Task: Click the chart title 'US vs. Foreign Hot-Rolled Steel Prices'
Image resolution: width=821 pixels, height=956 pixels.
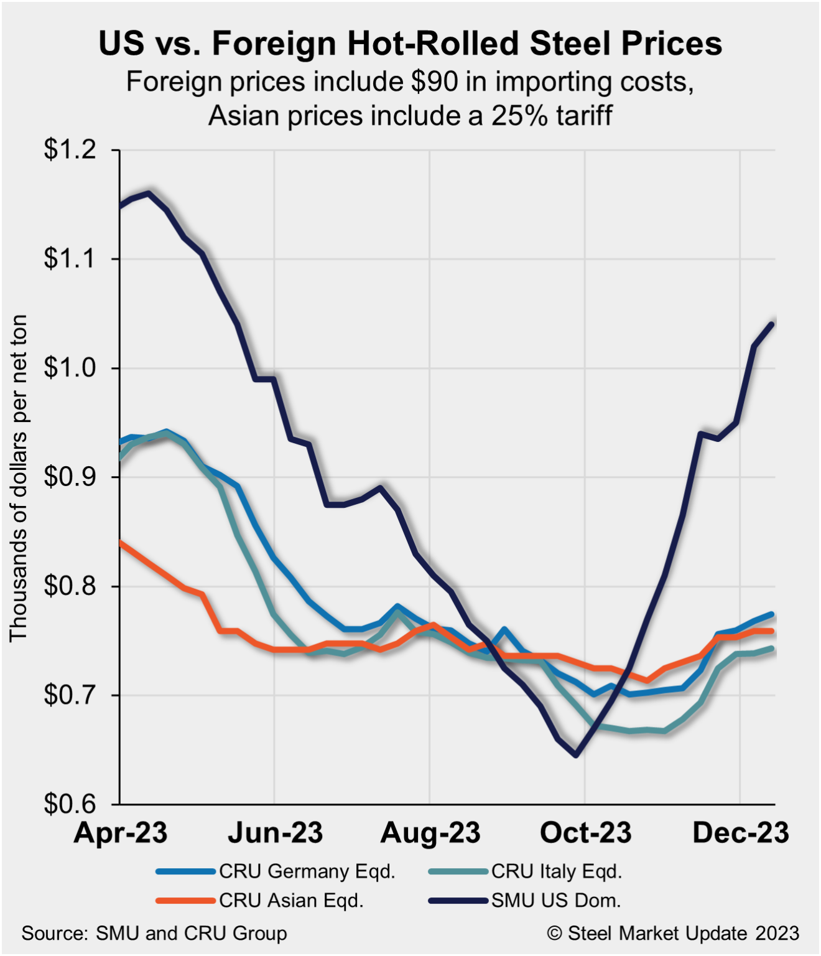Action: point(410,44)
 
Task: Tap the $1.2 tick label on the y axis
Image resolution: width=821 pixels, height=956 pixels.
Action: point(70,150)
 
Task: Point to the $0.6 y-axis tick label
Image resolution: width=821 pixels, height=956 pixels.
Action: point(70,804)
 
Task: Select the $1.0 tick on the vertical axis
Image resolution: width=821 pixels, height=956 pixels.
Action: point(70,368)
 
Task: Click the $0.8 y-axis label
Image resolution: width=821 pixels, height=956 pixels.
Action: point(70,586)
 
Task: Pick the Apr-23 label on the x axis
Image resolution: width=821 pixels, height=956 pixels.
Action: point(121,833)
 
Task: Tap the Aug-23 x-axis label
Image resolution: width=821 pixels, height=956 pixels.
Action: point(430,833)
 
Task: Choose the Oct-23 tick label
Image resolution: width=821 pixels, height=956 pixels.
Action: point(585,833)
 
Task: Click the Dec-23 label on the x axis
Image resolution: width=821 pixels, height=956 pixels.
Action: point(740,833)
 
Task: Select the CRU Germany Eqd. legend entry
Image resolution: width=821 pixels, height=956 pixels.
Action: point(307,871)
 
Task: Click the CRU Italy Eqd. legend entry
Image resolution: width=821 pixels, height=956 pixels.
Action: point(557,871)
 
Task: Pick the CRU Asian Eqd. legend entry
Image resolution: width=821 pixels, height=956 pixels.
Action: point(291,901)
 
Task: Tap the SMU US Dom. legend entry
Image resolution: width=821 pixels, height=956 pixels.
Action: point(556,901)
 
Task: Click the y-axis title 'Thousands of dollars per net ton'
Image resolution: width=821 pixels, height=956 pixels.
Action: point(19,477)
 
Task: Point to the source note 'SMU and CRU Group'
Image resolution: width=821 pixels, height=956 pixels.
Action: point(191,934)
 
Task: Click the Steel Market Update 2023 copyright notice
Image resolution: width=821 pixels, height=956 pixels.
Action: point(673,934)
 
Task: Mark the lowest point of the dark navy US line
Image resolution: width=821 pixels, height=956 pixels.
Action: point(576,755)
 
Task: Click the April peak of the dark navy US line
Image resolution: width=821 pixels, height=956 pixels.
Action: point(148,193)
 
